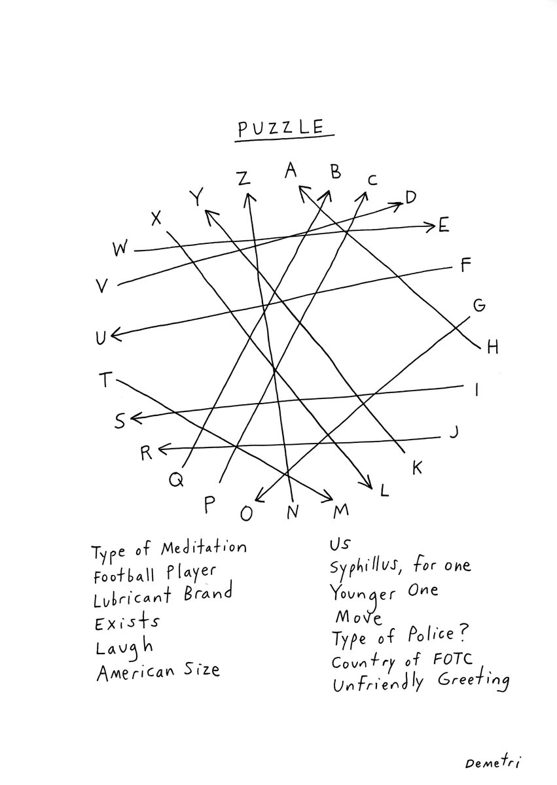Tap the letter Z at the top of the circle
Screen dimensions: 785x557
(243, 178)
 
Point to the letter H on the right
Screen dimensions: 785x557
(492, 347)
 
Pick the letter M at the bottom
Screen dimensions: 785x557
(341, 510)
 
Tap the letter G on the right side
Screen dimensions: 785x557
(478, 305)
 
